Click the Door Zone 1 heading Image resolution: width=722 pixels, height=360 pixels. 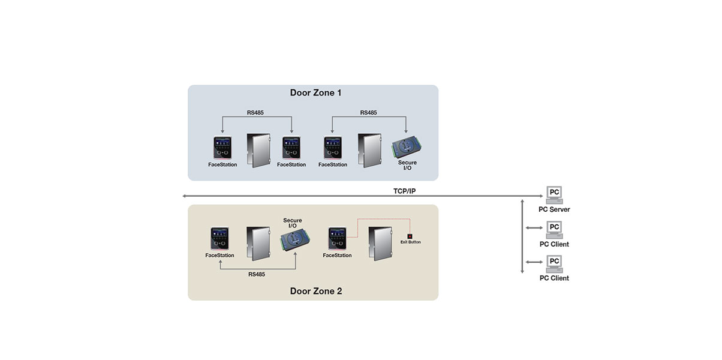click(315, 93)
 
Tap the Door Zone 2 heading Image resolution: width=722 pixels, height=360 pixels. click(316, 291)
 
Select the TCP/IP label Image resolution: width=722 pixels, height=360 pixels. click(405, 191)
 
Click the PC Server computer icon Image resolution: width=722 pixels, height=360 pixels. click(554, 195)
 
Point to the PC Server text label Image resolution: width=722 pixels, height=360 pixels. click(554, 209)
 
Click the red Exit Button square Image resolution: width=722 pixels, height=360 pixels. click(410, 236)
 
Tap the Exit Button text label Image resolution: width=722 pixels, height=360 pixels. click(410, 242)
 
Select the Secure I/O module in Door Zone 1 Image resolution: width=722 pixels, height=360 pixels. click(407, 147)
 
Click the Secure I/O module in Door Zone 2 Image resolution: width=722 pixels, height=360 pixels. click(295, 239)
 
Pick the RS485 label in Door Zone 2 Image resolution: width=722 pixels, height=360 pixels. click(257, 274)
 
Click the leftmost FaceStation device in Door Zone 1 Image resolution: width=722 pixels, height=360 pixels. click(222, 148)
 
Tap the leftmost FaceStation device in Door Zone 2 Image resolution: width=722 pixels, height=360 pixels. click(220, 238)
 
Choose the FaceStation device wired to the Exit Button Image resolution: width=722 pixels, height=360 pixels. click(337, 238)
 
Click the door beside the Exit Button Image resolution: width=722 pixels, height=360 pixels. click(380, 244)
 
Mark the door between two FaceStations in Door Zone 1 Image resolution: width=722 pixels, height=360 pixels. click(258, 151)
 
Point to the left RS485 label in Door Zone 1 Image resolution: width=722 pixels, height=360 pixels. click(255, 113)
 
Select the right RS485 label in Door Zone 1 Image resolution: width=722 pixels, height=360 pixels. click(368, 113)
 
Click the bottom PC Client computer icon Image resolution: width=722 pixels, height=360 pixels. click(554, 264)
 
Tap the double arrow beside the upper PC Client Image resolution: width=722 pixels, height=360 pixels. click(534, 228)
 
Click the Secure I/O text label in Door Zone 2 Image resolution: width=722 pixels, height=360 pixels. click(293, 223)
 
